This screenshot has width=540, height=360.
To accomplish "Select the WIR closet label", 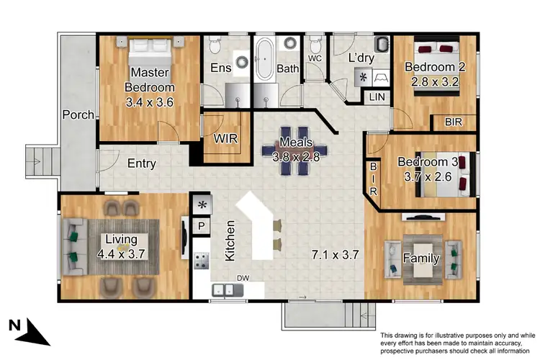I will pyautogui.click(x=225, y=139).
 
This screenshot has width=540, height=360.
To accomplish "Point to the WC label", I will pyautogui.click(x=314, y=58).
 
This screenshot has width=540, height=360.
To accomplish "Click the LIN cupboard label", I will pyautogui.click(x=377, y=96).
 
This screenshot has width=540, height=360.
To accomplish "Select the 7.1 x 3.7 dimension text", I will pyautogui.click(x=335, y=254).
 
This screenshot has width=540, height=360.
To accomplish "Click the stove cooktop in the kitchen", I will pyautogui.click(x=201, y=258).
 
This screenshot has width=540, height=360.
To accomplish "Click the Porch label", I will pyautogui.click(x=78, y=114).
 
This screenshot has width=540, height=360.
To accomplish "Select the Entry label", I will pyautogui.click(x=142, y=163).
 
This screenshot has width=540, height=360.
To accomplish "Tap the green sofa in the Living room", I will pyautogui.click(x=73, y=245).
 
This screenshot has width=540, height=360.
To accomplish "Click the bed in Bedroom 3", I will pyautogui.click(x=446, y=175).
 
